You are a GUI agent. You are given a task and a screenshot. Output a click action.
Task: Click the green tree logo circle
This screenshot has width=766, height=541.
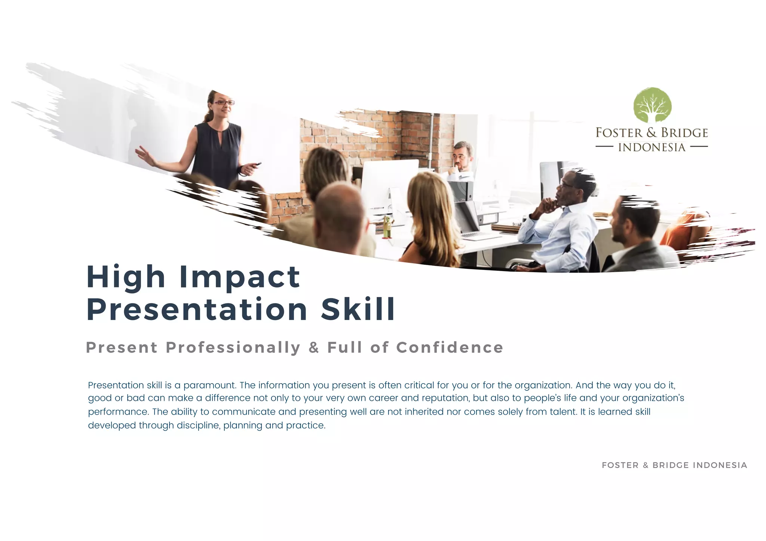652,105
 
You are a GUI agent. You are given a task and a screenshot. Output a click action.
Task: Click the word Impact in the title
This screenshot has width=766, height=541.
239,277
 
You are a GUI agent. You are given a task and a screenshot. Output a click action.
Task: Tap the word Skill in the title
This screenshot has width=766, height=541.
358,310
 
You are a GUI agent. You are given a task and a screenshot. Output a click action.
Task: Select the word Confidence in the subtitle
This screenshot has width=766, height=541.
450,347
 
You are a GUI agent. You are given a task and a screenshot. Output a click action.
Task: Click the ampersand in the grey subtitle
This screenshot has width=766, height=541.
314,348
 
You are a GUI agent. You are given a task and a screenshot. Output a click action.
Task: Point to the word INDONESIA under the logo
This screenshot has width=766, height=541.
652,147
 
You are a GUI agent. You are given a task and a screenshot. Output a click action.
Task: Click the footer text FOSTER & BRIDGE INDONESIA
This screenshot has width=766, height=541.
674,465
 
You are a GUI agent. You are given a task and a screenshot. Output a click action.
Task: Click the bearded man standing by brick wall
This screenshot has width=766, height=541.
463,157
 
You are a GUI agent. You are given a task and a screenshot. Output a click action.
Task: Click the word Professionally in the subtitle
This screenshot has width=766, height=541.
233,348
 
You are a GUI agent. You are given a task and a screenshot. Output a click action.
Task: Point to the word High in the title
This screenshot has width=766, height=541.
126,277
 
